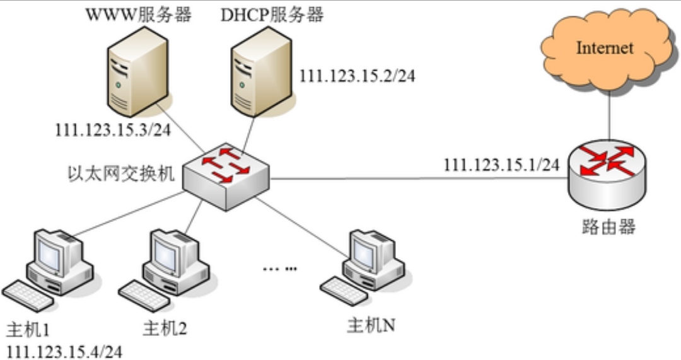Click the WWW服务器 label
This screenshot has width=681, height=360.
click(x=138, y=15)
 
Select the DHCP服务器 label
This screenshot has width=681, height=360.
click(x=272, y=15)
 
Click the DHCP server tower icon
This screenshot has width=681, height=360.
click(x=260, y=73)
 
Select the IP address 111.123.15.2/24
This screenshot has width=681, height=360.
click(x=358, y=76)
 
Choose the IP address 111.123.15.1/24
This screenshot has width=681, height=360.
click(x=501, y=165)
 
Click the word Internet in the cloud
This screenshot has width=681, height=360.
click(x=605, y=48)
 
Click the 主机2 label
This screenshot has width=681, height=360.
click(x=165, y=328)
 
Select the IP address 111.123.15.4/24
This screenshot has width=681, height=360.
click(x=63, y=350)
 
